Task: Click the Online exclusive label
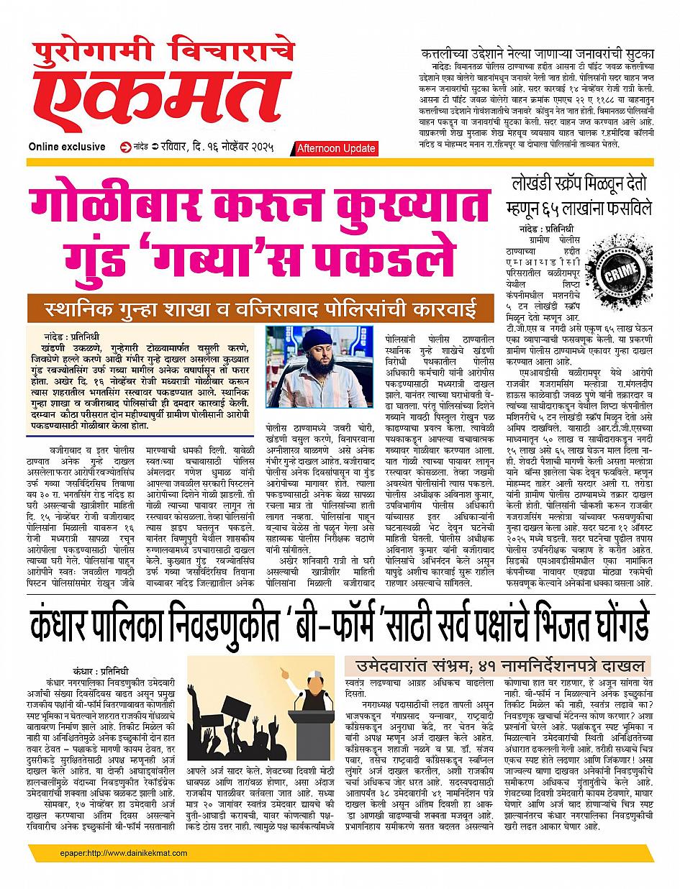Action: coord(67,147)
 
